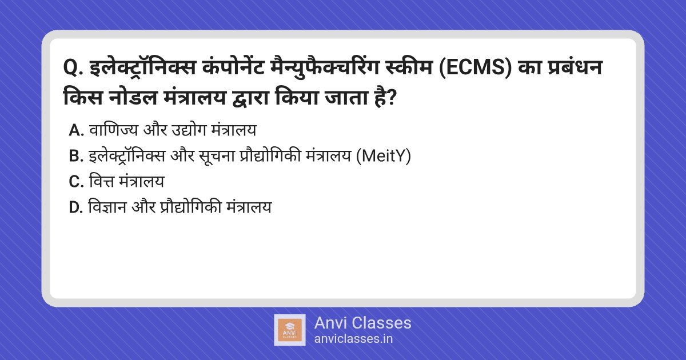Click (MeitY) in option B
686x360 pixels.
click(x=384, y=156)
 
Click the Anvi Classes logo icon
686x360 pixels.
click(x=290, y=330)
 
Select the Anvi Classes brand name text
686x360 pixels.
click(x=362, y=323)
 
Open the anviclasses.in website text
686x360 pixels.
click(x=353, y=339)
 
